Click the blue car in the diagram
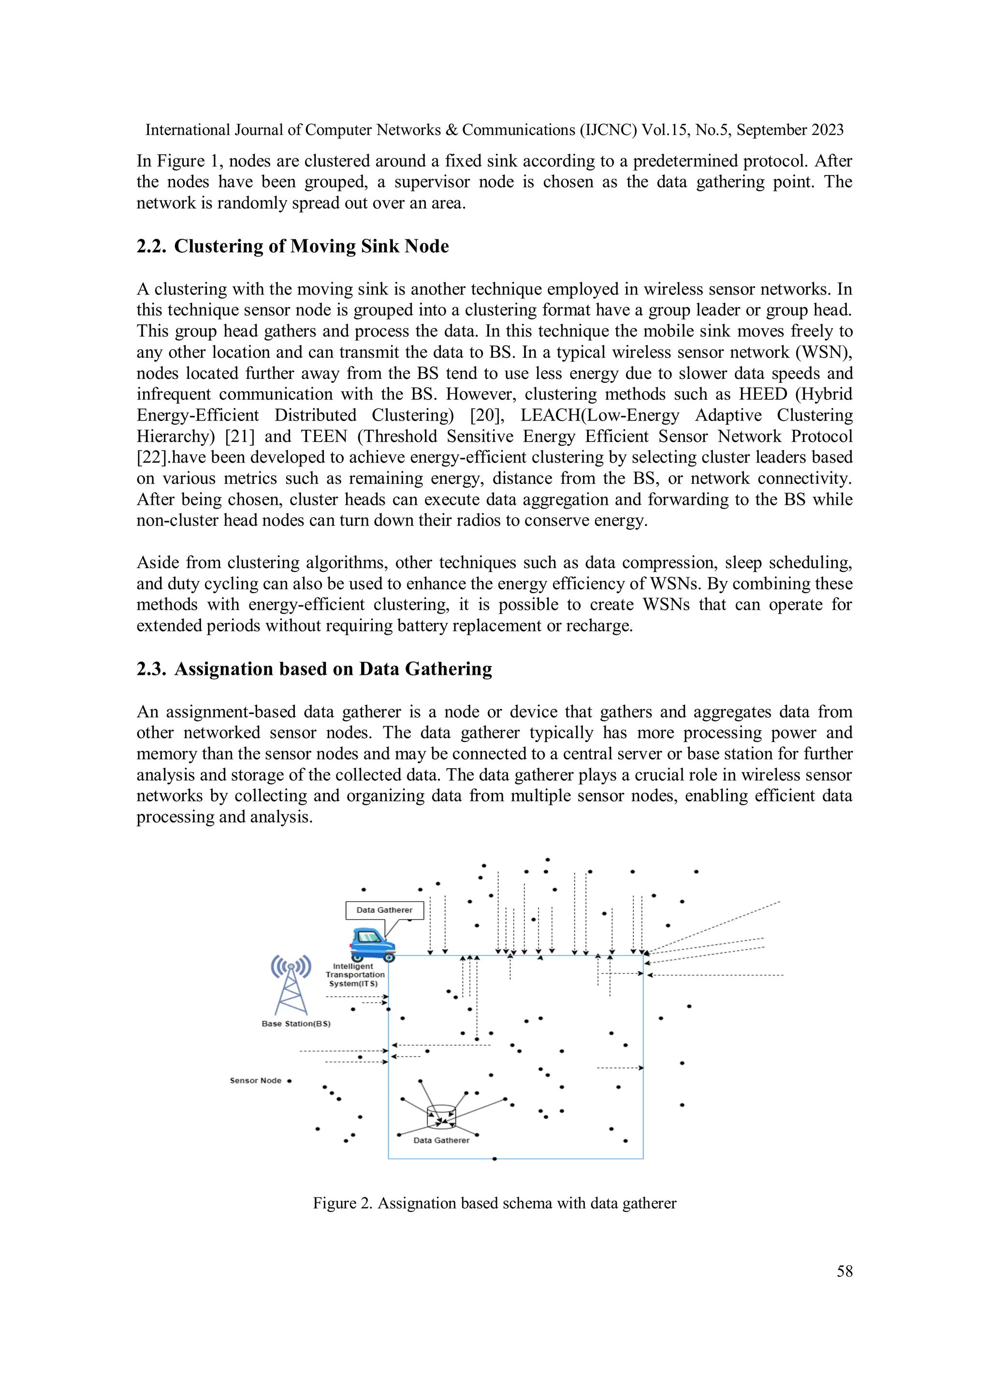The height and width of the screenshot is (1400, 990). click(373, 945)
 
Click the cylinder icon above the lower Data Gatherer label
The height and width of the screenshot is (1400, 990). click(441, 1116)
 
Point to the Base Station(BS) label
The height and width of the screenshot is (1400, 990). click(296, 1024)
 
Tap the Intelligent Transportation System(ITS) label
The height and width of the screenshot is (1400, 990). click(355, 975)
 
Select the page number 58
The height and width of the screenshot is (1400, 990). click(844, 1271)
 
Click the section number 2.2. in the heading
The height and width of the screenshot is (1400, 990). click(151, 247)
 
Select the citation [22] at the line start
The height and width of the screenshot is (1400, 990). click(149, 457)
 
